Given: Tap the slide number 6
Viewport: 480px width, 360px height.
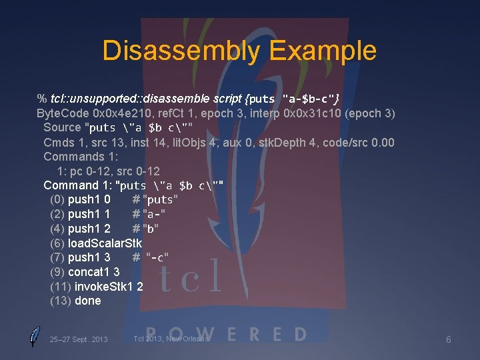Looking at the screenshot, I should click(x=449, y=340).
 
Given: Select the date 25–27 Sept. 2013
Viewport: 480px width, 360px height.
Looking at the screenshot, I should click(x=79, y=340).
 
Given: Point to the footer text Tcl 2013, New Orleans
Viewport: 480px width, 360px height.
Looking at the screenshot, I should click(x=171, y=339).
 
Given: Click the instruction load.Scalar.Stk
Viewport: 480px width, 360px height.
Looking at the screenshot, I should click(x=105, y=243).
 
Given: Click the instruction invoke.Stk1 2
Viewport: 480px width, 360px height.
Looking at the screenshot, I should click(x=109, y=286).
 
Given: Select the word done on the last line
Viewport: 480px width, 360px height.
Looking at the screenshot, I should click(x=88, y=301).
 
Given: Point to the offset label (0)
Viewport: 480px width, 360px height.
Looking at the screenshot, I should click(x=57, y=199).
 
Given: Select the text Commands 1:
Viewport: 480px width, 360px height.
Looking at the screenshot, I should click(x=81, y=156).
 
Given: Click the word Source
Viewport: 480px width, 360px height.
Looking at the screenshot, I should click(x=62, y=127).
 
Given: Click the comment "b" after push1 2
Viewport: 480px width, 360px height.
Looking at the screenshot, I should click(x=151, y=229).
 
